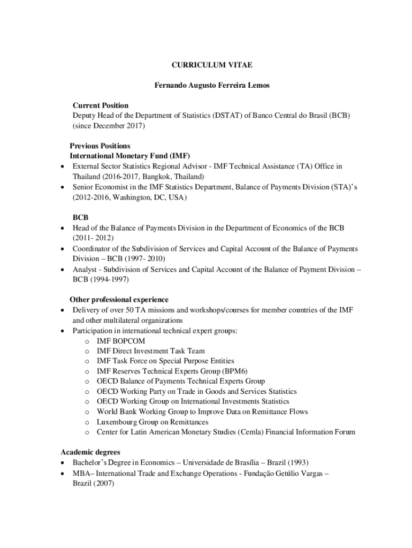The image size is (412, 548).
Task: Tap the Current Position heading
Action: tap(101, 105)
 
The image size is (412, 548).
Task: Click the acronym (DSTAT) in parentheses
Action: tap(227, 116)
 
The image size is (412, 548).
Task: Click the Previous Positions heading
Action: tap(100, 146)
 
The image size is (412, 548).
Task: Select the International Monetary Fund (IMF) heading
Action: tap(130, 156)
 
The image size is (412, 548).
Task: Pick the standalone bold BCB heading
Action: tap(81, 218)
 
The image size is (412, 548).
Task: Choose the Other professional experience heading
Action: tap(119, 300)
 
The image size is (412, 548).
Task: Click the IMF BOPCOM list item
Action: tap(121, 341)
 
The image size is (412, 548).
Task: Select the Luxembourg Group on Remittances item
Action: tap(152, 422)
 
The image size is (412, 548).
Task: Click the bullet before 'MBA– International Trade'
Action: tap(63, 473)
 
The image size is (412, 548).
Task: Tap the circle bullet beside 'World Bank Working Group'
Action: tap(86, 412)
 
